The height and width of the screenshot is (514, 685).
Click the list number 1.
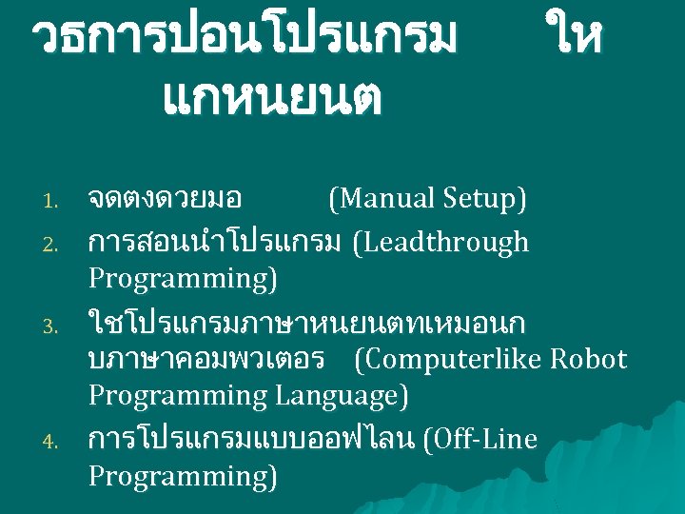tap(53, 201)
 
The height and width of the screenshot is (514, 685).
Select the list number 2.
tap(53, 245)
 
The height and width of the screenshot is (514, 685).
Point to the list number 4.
tap(53, 442)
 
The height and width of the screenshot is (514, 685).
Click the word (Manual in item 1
tap(381, 199)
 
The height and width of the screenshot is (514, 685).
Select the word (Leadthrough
tap(440, 243)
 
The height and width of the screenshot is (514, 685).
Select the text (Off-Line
tap(479, 440)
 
